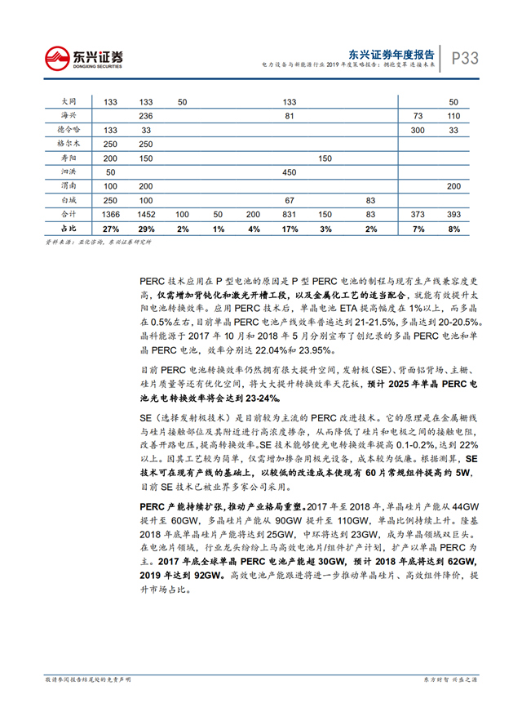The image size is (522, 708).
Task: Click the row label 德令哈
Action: [x=70, y=129]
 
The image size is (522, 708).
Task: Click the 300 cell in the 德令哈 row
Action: [x=418, y=130]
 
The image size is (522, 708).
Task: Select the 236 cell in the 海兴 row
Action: [x=146, y=116]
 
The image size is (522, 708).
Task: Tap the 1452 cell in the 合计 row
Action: [x=146, y=214]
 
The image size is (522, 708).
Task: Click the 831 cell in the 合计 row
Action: [x=289, y=214]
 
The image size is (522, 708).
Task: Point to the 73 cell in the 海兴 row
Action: [x=418, y=116]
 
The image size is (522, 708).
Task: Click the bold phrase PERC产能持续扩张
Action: [x=184, y=505]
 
